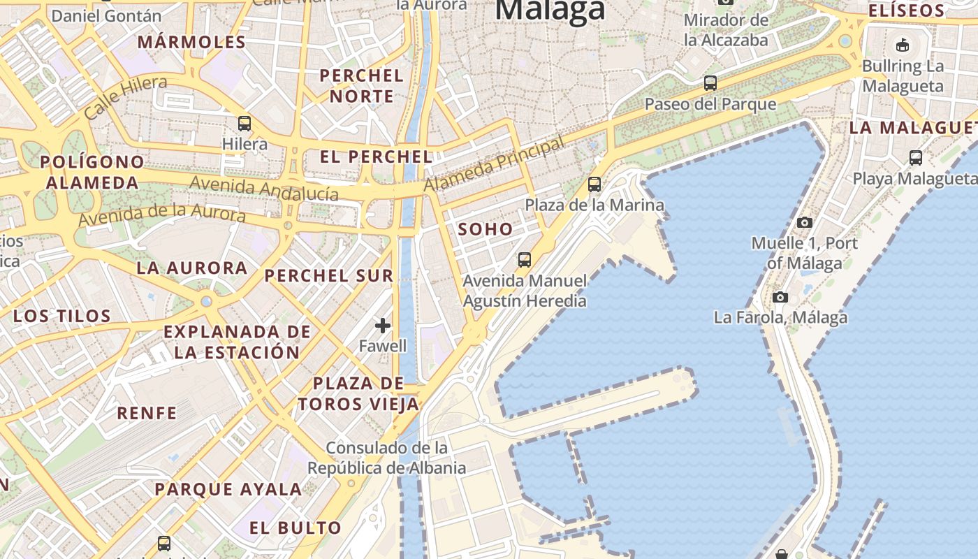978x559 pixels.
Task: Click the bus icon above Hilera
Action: [x=245, y=124]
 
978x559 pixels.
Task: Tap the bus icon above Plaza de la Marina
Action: [x=594, y=184]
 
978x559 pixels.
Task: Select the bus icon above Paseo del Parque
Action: [x=710, y=83]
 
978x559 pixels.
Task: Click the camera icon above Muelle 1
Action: [x=805, y=222]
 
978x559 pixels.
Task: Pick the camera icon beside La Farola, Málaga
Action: [x=780, y=297]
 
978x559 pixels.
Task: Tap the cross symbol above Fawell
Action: [x=383, y=325]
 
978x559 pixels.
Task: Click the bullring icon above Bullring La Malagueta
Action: [x=903, y=45]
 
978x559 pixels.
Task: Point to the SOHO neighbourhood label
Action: [x=486, y=229]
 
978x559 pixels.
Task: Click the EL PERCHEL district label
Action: [x=377, y=157]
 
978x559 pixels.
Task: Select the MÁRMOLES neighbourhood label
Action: [x=191, y=42]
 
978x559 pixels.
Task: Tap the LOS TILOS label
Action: [x=62, y=316]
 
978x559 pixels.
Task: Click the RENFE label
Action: [x=147, y=413]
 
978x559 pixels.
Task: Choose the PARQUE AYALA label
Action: [x=228, y=489]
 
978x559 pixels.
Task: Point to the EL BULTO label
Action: [x=295, y=528]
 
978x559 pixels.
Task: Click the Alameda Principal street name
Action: [x=494, y=165]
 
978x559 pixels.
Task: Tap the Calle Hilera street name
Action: [x=126, y=98]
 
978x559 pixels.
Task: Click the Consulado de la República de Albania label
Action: [x=387, y=458]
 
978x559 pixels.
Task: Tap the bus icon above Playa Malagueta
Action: [x=916, y=158]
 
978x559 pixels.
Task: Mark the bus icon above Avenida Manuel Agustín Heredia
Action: [x=525, y=260]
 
